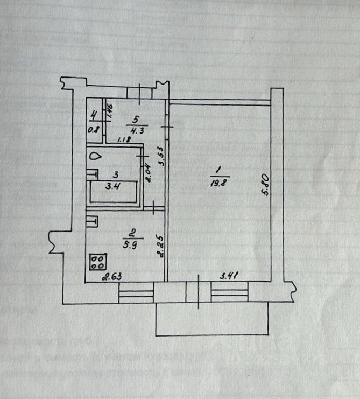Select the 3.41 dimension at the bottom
pos(230,276)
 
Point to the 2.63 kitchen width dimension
pos(112,277)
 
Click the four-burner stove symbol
pos(98,262)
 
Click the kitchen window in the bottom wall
pos(136,294)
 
